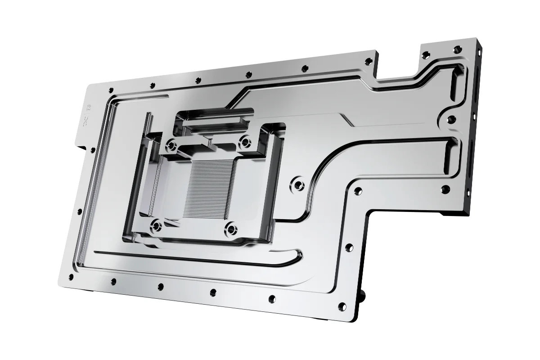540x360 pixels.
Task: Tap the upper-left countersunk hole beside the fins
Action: tap(171, 145)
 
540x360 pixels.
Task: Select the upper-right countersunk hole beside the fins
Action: tap(245, 142)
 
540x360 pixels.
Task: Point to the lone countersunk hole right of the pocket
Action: tap(297, 183)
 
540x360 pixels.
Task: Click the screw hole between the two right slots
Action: tap(451, 119)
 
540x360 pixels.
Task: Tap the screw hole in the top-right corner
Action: tap(459, 49)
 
